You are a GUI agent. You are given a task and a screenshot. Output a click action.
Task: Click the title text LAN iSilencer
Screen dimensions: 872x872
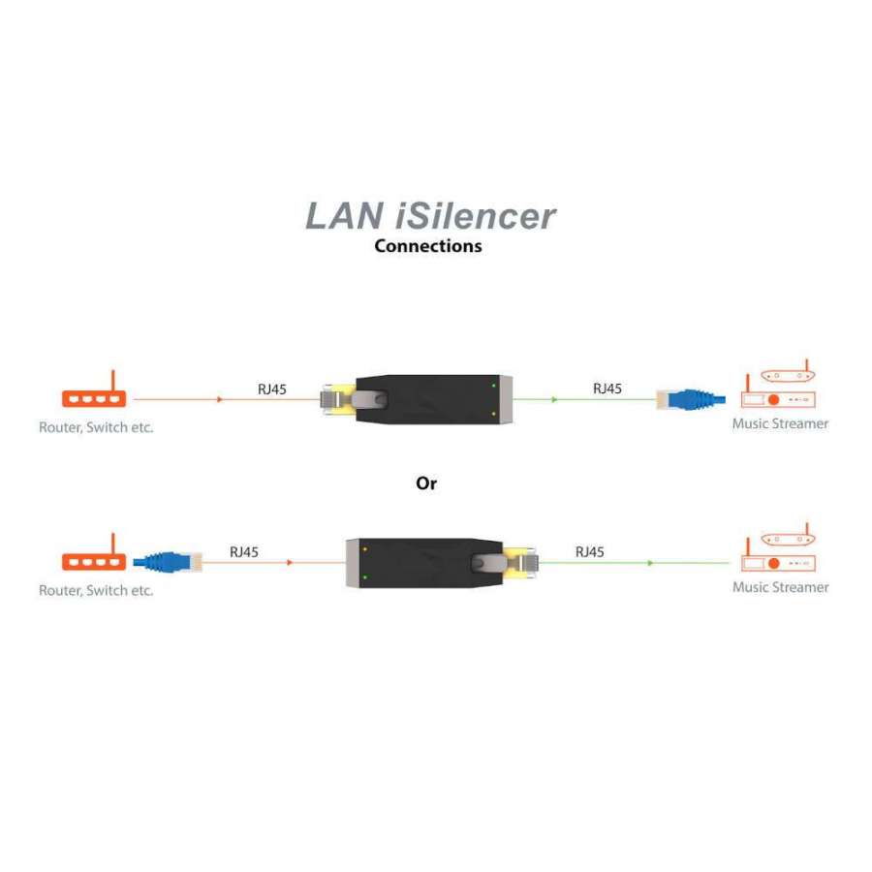[431, 215]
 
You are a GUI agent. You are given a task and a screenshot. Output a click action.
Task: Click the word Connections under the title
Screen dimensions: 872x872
[427, 246]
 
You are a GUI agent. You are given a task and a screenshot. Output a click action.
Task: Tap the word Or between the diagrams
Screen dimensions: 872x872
[426, 483]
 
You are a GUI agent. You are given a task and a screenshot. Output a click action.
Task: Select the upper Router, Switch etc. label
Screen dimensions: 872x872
[96, 426]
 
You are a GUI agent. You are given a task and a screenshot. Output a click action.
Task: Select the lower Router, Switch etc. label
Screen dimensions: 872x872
[96, 590]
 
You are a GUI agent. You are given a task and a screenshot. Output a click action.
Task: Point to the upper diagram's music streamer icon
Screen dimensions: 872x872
[780, 389]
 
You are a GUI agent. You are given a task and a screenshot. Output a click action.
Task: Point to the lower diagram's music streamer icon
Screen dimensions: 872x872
[780, 552]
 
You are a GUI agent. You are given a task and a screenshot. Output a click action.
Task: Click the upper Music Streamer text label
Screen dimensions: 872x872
[780, 423]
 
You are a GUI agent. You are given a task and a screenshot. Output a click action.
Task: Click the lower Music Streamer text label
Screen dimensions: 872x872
[780, 587]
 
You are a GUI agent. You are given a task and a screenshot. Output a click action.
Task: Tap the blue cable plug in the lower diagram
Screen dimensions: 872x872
[168, 561]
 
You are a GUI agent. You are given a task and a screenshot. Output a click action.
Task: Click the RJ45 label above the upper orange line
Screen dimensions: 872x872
[271, 389]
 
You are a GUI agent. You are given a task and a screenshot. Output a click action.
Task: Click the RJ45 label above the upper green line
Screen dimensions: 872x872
[607, 389]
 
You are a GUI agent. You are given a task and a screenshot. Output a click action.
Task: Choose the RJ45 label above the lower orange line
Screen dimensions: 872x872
[243, 552]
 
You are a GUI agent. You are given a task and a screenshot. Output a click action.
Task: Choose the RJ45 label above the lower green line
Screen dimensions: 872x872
[589, 552]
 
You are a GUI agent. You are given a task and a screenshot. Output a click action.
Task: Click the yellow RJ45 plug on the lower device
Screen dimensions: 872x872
[518, 562]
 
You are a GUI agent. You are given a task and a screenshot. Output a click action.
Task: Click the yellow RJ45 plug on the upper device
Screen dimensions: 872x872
[337, 399]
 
